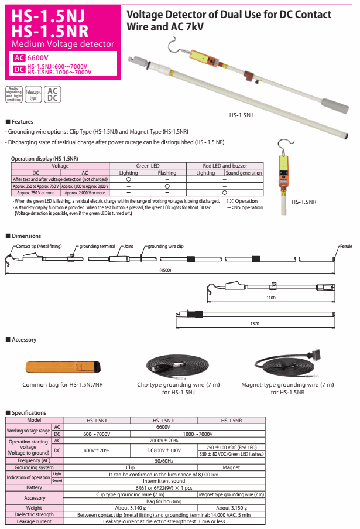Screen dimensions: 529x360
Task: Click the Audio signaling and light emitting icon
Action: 13,94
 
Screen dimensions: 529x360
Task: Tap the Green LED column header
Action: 148,166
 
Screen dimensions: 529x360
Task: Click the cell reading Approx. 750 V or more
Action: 36,192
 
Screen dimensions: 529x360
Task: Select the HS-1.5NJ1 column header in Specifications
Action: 164,420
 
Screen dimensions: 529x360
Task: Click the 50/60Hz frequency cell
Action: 164,461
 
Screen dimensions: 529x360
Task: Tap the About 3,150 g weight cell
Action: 231,507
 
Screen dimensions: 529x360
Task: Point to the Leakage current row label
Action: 34,521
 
